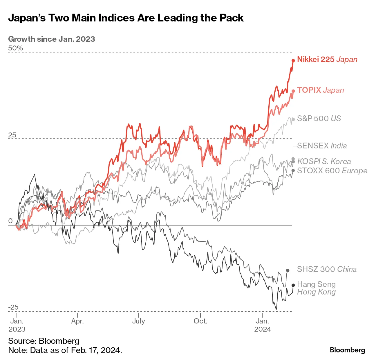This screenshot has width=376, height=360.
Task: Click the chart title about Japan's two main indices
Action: click(126, 18)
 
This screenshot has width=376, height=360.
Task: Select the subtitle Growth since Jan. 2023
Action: click(52, 39)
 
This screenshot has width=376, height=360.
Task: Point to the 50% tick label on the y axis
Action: click(15, 48)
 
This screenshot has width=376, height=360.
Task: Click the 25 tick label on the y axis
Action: click(12, 135)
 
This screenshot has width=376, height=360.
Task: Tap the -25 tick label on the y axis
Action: click(13, 307)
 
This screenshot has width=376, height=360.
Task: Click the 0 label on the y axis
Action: click(10, 221)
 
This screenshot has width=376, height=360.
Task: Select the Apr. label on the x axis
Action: click(77, 321)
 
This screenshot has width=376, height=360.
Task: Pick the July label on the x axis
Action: click(138, 321)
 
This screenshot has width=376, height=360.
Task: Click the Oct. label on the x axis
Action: click(200, 321)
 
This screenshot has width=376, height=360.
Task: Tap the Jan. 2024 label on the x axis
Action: click(262, 325)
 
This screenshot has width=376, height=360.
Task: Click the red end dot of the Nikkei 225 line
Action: click(293, 61)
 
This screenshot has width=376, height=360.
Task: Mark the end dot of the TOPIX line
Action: click(293, 91)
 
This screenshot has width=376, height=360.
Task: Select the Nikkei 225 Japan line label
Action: click(327, 59)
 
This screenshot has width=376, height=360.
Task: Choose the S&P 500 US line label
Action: click(319, 118)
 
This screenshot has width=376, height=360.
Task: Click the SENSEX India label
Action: click(322, 146)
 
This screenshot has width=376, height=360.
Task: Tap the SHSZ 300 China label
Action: click(327, 269)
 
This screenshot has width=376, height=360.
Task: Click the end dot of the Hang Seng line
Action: click(293, 285)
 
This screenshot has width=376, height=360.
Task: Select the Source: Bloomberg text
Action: click(44, 341)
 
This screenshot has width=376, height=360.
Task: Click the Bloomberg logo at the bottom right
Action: click(347, 350)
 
